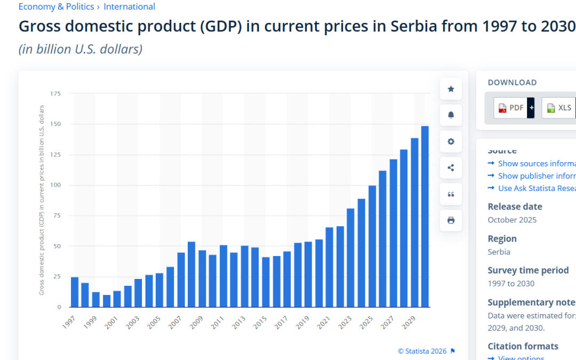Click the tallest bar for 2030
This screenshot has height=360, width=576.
(425, 217)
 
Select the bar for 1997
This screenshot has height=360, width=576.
(75, 292)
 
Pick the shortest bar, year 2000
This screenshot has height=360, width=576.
(107, 301)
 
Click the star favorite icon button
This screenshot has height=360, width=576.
(451, 89)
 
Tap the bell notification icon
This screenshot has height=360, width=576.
(451, 115)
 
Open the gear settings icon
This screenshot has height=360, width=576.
(451, 141)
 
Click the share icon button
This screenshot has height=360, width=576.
(451, 167)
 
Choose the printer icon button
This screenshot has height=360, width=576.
(451, 220)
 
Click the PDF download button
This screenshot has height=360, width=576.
(510, 108)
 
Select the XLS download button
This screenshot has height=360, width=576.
(559, 108)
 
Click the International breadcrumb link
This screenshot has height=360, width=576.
(130, 7)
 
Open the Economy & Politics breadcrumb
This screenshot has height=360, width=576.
(56, 7)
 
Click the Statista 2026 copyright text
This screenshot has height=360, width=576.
(422, 351)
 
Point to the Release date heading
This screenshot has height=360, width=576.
(515, 206)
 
